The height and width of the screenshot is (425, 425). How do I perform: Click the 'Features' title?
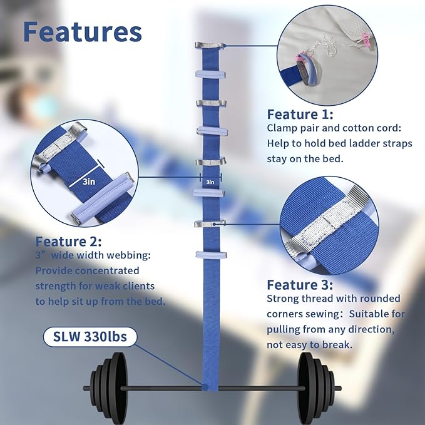tap(83, 31)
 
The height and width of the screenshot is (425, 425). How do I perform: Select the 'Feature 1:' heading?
tap(300, 115)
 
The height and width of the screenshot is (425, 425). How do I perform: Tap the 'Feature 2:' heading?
tap(68, 242)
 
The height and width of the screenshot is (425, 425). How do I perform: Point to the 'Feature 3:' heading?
tap(300, 284)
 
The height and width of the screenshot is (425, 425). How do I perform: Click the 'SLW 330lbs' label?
tap(86, 338)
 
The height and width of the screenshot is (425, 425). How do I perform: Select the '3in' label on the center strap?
tap(210, 182)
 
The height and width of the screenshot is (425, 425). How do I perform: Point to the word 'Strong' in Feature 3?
tap(284, 299)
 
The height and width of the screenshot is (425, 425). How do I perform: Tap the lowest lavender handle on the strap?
tap(208, 255)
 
